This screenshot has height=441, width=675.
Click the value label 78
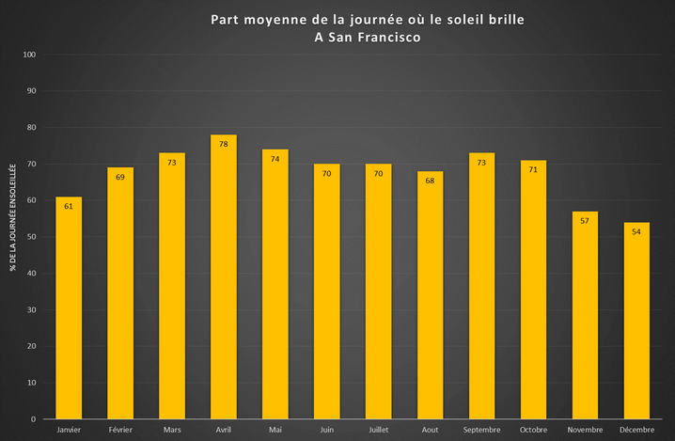click(x=223, y=143)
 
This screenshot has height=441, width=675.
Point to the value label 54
click(x=636, y=230)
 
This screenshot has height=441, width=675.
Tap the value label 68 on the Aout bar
click(x=430, y=180)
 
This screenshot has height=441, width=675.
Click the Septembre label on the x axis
click(x=481, y=430)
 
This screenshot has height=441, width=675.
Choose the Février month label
click(x=120, y=430)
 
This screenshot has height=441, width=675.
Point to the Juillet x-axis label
click(x=378, y=430)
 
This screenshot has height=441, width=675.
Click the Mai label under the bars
click(x=275, y=430)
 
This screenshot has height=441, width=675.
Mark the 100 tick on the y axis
click(x=29, y=55)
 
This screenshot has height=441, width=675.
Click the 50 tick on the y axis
click(x=31, y=237)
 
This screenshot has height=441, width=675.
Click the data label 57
click(x=584, y=219)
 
